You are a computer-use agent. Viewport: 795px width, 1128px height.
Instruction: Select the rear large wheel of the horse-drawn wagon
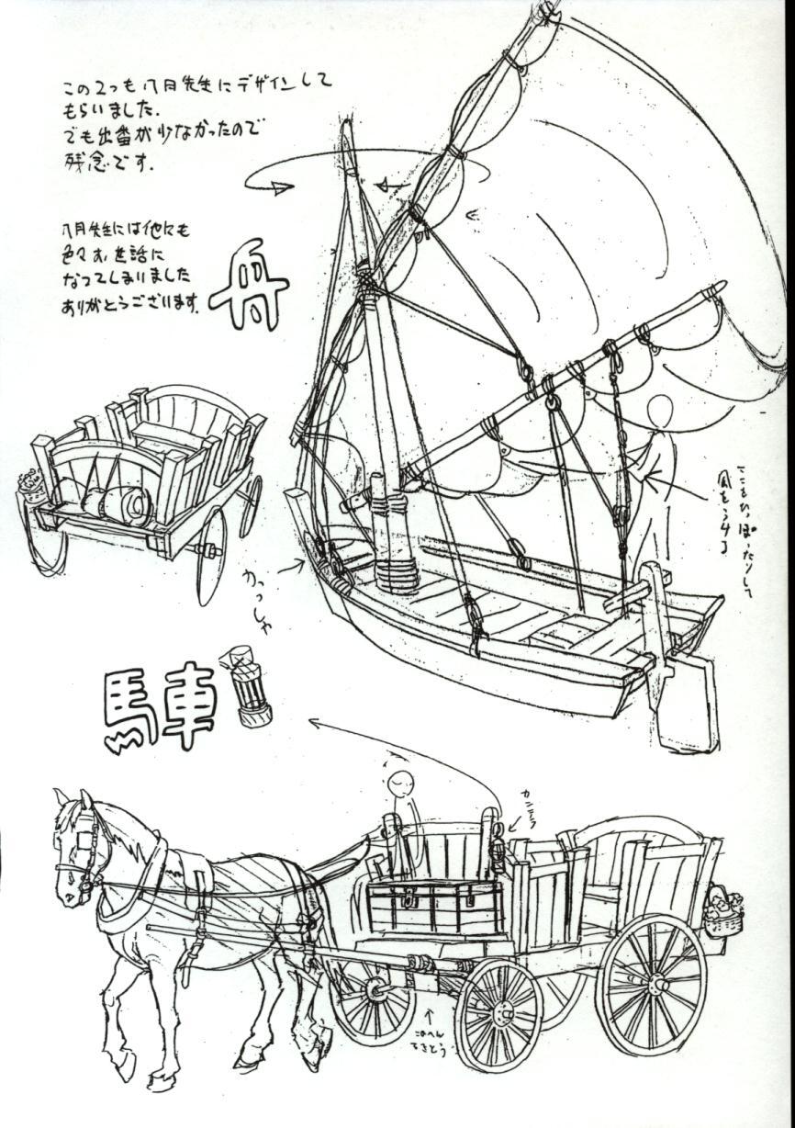pos(651,984)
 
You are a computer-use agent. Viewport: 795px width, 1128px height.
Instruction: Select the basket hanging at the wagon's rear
pos(723,911)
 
